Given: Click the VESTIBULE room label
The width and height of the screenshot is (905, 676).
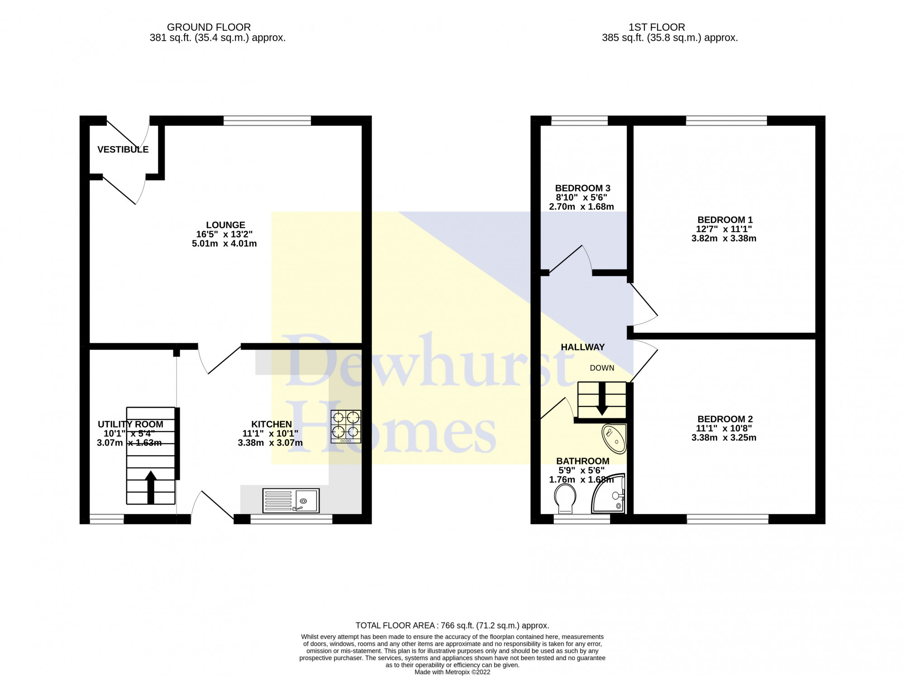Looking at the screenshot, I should point(123,149).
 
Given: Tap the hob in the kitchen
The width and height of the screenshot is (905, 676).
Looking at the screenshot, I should point(346,426).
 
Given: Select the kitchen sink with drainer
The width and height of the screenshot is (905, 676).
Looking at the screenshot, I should point(291,500).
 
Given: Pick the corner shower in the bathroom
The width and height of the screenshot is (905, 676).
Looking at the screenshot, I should point(609,494).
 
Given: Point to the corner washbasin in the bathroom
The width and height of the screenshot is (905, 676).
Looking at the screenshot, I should point(614,438).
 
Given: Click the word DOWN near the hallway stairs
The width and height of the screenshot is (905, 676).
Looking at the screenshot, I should point(602,368).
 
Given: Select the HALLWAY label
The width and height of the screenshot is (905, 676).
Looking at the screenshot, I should point(582,347).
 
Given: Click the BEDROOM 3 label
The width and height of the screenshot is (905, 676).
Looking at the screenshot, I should point(582,188).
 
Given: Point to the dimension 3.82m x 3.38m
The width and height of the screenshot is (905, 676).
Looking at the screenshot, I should point(723,238).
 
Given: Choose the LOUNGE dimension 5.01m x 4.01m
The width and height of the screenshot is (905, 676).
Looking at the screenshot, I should point(224,243).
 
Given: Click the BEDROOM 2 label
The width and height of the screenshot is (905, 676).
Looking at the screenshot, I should point(724,419).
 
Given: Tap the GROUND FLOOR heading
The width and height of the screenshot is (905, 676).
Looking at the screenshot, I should point(209,27).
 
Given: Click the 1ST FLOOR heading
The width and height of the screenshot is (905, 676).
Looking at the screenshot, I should point(657,27).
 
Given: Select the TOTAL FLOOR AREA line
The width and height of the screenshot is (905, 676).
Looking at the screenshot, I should point(452,625).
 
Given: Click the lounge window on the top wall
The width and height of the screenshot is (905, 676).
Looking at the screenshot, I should point(267,120).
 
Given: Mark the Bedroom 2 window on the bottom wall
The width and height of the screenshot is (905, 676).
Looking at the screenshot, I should point(727,519).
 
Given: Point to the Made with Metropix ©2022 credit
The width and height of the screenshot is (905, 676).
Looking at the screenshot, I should point(452,672).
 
